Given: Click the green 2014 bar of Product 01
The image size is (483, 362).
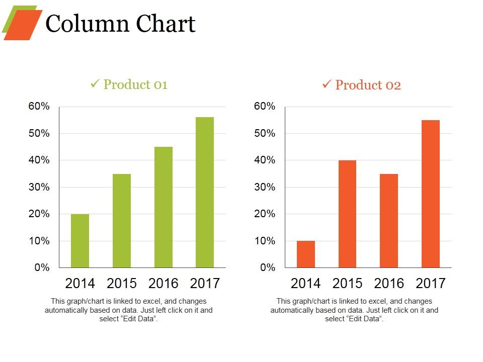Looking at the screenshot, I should tap(80, 241).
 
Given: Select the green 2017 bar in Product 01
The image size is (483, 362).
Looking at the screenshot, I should tap(205, 192).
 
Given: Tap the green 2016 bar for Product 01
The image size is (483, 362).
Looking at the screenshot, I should tap(163, 207).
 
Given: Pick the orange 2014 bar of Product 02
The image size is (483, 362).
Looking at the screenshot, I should tap(306, 254).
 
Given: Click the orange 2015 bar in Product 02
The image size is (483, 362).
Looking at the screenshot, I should tap(347, 214).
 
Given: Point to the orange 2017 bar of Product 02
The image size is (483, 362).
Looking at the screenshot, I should tap(431, 194).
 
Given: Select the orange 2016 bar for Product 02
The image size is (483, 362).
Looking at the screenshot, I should tap(389, 221).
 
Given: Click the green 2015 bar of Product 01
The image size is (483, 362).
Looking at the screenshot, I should tap(122, 221).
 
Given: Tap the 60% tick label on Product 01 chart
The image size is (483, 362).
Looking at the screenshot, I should tap(38, 107).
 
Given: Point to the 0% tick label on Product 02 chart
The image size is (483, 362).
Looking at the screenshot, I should tap(268, 268).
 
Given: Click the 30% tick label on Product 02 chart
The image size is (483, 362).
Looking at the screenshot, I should tap(265, 187).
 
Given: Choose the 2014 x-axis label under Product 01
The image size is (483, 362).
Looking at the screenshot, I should tap(80, 284).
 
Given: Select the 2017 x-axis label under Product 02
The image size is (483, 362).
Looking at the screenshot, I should tap(431, 284).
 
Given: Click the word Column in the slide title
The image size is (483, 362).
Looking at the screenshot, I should tap(80, 24).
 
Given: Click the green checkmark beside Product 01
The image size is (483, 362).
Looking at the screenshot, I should tap(94, 84).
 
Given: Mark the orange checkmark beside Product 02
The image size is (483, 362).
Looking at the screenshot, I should tap(326, 84).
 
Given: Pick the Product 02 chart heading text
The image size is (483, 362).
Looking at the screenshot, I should tap(368, 85).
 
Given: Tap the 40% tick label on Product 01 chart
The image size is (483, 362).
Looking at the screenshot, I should tap(38, 160).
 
